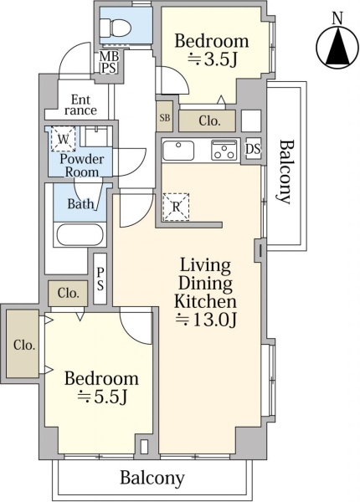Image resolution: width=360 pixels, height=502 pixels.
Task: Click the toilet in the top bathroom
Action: coord(116,27)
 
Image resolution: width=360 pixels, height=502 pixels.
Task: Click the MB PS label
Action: coord(109,63)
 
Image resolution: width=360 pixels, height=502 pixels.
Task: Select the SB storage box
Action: coord(165,117)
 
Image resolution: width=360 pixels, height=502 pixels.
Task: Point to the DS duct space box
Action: coord(254,149)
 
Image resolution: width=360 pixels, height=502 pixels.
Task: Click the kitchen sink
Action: coord(178,151)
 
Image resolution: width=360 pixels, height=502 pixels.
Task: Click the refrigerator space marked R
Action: coord(176,207)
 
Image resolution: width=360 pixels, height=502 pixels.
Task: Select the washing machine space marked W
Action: coord(63,139)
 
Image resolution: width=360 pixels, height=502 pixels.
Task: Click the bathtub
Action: coord(80,235)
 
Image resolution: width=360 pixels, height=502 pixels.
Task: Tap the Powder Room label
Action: coord(82,166)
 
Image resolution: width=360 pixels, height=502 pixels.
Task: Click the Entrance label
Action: coord(80,105)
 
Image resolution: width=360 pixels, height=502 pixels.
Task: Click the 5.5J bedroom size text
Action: coord(103,397)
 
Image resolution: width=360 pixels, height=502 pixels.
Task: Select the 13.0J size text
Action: coord(207,320)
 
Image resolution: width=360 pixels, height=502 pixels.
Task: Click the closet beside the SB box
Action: coord(208,120)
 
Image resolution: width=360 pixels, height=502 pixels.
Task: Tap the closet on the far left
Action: coord(23,344)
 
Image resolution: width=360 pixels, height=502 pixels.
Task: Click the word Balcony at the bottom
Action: coord(152,478)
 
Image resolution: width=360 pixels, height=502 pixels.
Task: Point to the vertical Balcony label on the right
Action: coord(284,172)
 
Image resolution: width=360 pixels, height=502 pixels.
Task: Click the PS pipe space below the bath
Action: coord(100,279)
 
